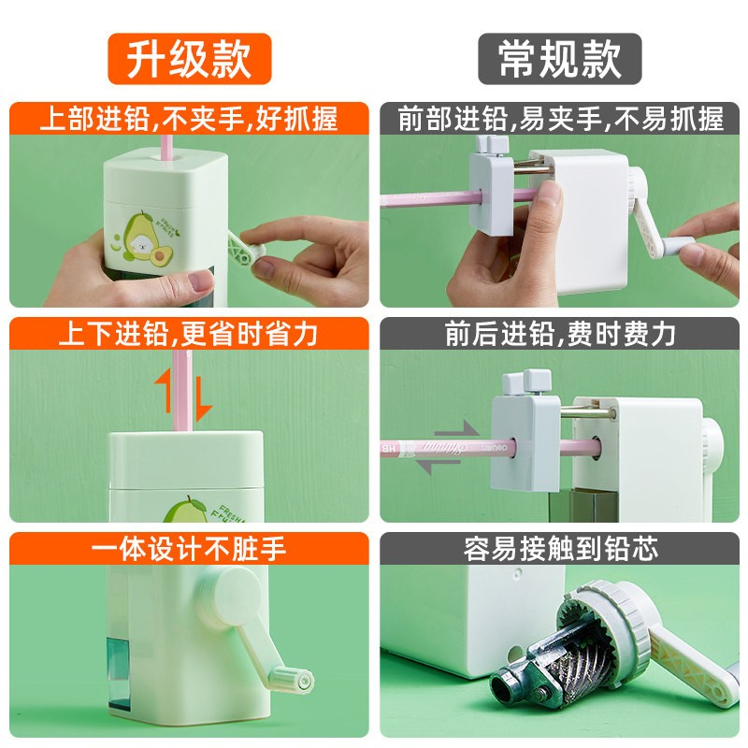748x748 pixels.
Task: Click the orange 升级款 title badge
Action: [190, 59]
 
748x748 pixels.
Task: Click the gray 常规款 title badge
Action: [559, 59]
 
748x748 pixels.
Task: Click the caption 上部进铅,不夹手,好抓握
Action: [189, 119]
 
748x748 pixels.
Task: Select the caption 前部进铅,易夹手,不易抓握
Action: [560, 119]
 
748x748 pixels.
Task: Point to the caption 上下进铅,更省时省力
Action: [188, 334]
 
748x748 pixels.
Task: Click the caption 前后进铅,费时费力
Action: [560, 334]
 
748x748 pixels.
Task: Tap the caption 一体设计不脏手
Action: [189, 549]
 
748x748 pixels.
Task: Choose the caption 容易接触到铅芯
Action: [560, 549]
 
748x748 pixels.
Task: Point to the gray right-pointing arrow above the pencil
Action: [456, 429]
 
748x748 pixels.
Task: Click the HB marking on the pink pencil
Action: [389, 449]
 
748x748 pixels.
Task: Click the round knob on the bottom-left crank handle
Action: [292, 680]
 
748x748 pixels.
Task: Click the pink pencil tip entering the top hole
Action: [166, 151]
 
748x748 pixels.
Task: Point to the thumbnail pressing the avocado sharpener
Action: [200, 280]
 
